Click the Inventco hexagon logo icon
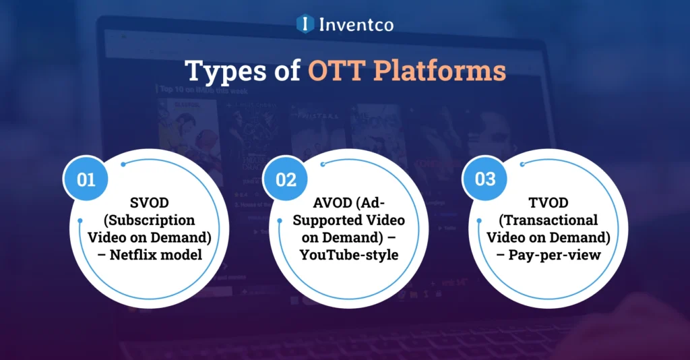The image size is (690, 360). (x=306, y=24)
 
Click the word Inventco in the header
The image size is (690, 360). (x=356, y=25)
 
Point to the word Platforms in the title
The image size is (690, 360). (x=437, y=71)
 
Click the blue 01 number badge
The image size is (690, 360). (x=86, y=180)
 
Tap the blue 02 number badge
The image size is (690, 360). (x=286, y=180)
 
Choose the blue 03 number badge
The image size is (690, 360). (x=485, y=180)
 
